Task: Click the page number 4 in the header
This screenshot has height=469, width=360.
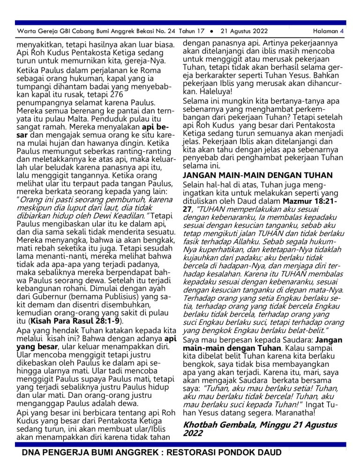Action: [342, 31]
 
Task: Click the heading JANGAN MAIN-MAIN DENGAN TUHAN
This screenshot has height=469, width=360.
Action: [258, 175]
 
